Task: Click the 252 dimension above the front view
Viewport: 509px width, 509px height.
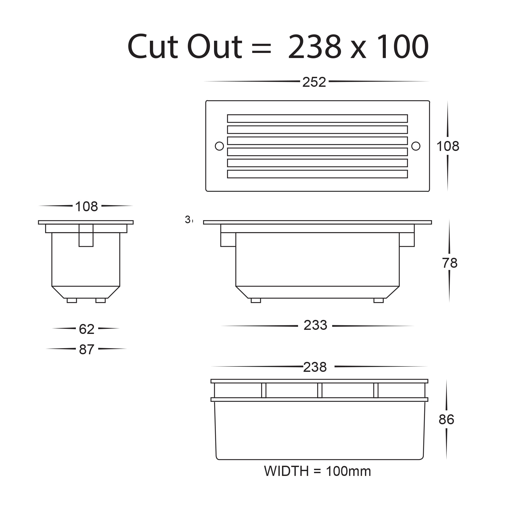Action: pyautogui.click(x=314, y=82)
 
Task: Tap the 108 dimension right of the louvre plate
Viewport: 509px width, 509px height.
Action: pyautogui.click(x=448, y=146)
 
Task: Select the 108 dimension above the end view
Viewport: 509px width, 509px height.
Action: pyautogui.click(x=87, y=207)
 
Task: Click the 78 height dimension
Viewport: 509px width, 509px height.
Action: pyautogui.click(x=449, y=263)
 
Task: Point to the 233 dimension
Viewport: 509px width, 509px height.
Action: pyautogui.click(x=315, y=325)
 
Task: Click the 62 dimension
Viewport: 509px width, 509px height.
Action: pyautogui.click(x=87, y=329)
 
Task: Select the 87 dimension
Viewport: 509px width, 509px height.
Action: pyautogui.click(x=87, y=350)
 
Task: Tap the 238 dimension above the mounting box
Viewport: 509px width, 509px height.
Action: pyautogui.click(x=315, y=367)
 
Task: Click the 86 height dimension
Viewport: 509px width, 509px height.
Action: pyautogui.click(x=446, y=420)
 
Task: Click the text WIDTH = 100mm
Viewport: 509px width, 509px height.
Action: pyautogui.click(x=317, y=471)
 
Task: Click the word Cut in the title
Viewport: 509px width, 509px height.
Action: pyautogui.click(x=153, y=47)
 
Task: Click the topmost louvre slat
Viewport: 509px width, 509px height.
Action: pyautogui.click(x=317, y=119)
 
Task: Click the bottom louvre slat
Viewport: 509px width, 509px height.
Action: pyautogui.click(x=317, y=174)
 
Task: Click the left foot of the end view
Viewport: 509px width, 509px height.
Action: pyautogui.click(x=72, y=301)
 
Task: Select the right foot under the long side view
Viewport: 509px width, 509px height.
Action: pyautogui.click(x=378, y=301)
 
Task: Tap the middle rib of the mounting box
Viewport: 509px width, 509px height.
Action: pyautogui.click(x=320, y=390)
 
